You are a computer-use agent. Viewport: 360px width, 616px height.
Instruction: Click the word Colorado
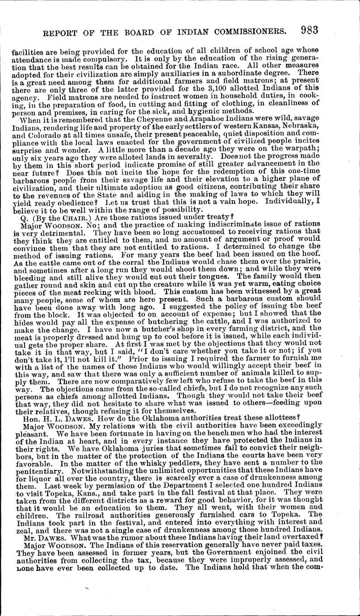click(x=43, y=135)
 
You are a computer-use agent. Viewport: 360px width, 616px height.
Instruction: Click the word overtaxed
click(x=291, y=536)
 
